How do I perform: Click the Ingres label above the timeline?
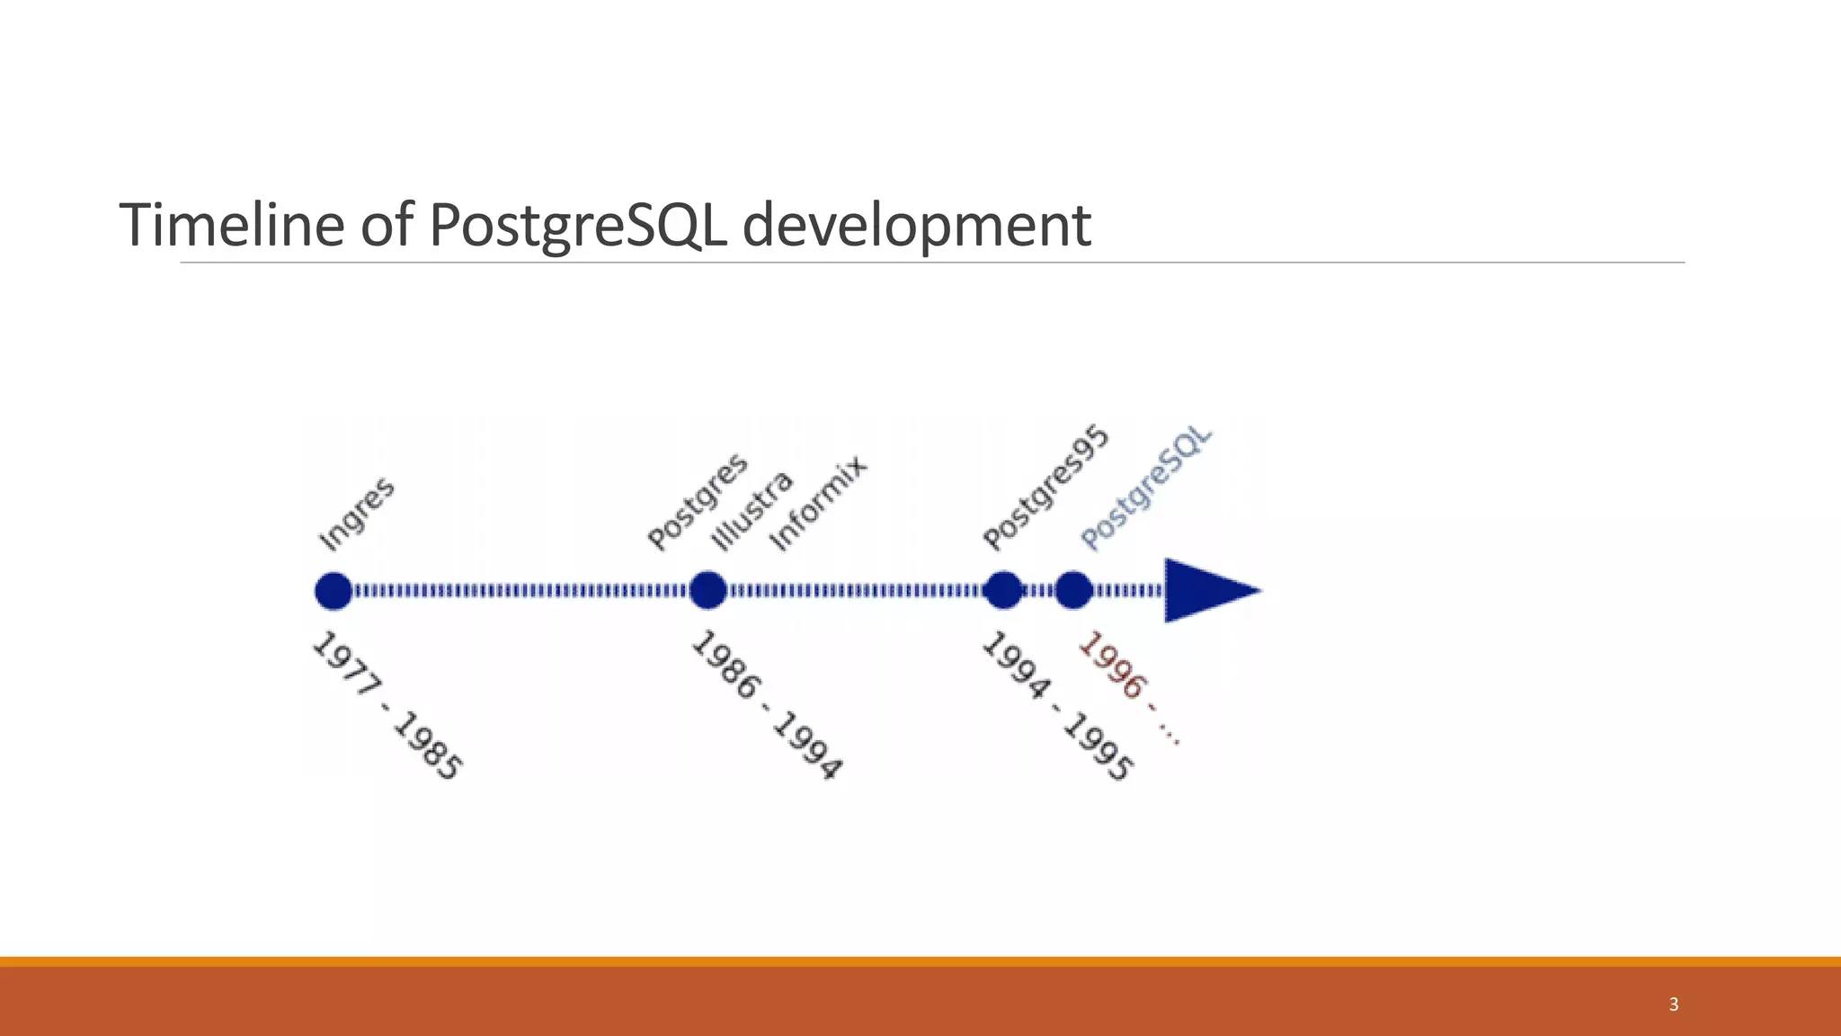click(357, 514)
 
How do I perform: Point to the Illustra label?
click(752, 510)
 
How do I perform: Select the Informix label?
click(819, 503)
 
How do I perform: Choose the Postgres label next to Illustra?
click(698, 501)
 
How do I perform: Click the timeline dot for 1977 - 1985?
click(334, 591)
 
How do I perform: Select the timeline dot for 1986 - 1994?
click(708, 591)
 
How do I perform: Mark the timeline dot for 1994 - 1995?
click(1003, 591)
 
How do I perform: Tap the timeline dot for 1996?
click(1073, 591)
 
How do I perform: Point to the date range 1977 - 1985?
click(387, 706)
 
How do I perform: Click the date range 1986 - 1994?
click(767, 706)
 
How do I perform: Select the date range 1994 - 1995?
click(1058, 707)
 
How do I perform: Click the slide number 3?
click(1673, 1005)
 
